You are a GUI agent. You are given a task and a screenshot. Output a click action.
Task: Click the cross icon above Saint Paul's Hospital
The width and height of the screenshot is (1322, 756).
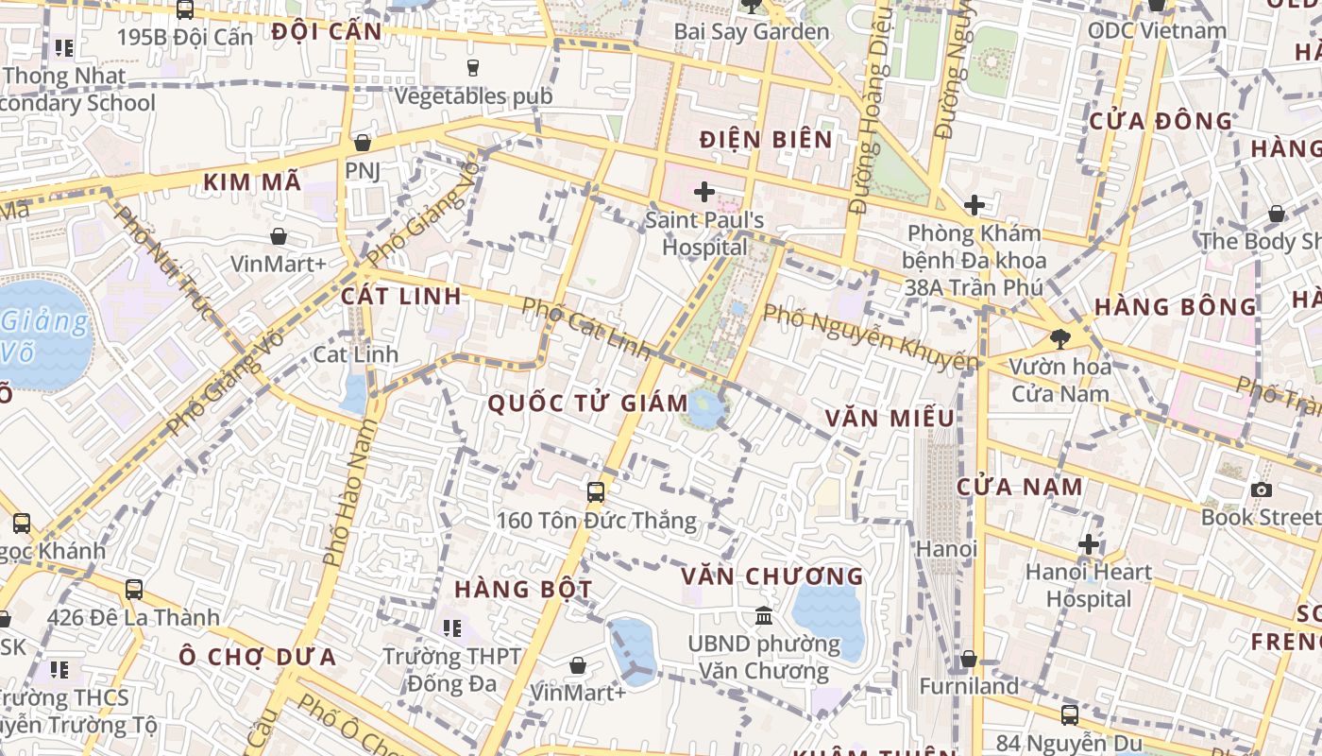[703, 192]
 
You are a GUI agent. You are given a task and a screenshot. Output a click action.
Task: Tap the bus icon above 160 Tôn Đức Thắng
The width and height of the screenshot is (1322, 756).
[595, 491]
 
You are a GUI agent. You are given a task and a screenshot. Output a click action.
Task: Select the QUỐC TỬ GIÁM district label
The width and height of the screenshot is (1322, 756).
[587, 404]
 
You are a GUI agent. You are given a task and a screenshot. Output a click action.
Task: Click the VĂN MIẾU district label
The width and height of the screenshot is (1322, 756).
[889, 418]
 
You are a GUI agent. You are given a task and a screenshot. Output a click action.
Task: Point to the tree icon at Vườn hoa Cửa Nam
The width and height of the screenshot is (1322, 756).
[1060, 337]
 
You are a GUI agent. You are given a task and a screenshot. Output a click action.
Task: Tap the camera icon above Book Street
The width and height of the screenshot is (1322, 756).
[1261, 490]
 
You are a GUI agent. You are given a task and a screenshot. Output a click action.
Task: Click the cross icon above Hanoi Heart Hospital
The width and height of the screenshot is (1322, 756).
[1089, 544]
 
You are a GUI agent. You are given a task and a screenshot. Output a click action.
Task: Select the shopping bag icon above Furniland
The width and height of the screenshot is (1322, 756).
[968, 659]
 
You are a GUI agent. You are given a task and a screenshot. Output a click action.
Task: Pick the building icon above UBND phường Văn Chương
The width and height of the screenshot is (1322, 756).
[763, 616]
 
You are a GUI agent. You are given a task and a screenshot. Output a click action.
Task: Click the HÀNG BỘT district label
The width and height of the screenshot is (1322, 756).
[523, 590]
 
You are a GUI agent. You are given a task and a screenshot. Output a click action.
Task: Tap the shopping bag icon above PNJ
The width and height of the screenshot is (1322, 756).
[362, 143]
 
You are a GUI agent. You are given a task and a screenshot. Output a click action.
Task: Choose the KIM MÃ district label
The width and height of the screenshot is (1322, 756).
[252, 182]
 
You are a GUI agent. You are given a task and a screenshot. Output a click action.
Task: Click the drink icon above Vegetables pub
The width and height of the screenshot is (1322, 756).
[473, 67]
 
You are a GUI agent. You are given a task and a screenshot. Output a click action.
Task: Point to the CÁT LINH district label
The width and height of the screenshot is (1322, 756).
[401, 296]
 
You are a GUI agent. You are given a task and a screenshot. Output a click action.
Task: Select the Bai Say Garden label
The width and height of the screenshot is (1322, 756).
[751, 31]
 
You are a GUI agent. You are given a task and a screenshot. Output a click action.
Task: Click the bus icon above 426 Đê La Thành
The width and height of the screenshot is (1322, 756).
[134, 590]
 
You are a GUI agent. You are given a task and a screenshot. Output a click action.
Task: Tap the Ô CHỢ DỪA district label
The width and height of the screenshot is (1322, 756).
[258, 657]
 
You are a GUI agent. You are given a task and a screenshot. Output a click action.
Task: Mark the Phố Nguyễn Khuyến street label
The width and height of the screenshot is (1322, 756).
[870, 337]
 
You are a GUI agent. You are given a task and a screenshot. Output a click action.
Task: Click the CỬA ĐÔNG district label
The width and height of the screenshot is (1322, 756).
[1161, 121]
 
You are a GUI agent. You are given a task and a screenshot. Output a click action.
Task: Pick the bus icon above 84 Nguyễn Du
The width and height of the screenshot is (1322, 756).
[1069, 715]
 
